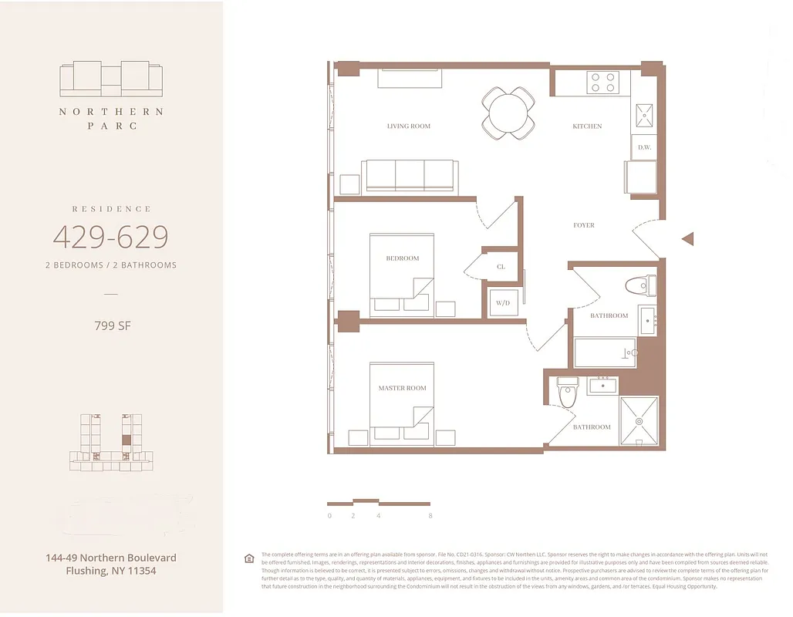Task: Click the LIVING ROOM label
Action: [408, 126]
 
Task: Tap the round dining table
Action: [508, 113]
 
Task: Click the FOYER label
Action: [583, 225]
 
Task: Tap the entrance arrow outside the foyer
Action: [687, 239]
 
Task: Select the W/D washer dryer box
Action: [503, 302]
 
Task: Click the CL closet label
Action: [501, 267]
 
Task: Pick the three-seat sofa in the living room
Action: [411, 176]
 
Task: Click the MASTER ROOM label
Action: [402, 388]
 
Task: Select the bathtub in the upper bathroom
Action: [606, 353]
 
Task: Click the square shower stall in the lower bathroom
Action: [639, 421]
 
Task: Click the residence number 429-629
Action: [110, 237]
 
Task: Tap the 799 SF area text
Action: [112, 325]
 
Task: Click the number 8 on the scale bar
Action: [430, 515]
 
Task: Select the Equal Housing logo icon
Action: [249, 558]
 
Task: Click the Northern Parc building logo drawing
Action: [111, 79]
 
